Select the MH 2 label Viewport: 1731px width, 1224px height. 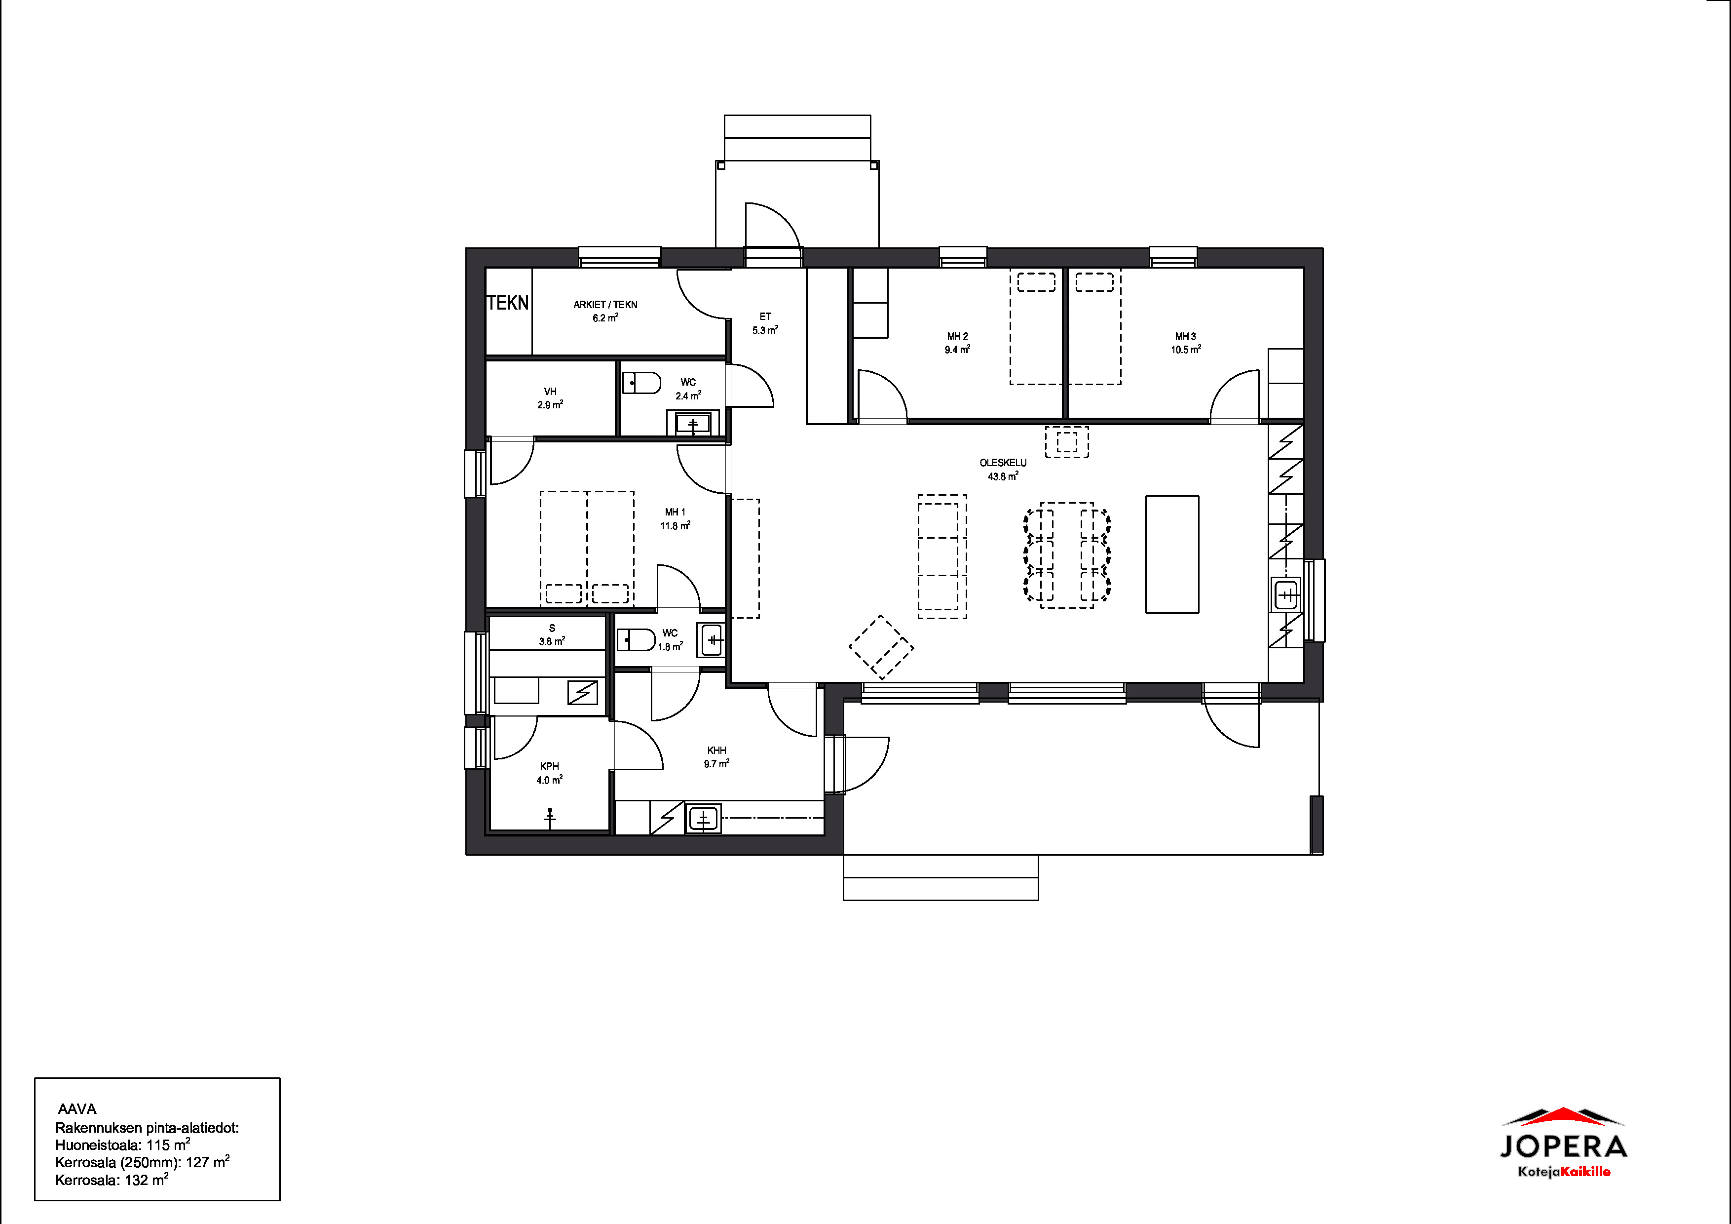click(x=957, y=336)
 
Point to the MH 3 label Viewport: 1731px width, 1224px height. click(x=1185, y=336)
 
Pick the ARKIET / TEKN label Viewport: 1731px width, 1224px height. click(x=605, y=305)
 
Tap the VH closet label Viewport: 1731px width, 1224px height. click(x=550, y=392)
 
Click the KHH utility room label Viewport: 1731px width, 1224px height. click(x=717, y=750)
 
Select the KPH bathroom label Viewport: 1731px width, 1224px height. click(x=550, y=766)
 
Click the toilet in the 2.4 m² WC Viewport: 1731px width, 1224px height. click(x=641, y=383)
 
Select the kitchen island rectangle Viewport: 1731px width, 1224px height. click(x=1172, y=554)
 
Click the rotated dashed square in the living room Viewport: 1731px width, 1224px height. click(x=881, y=647)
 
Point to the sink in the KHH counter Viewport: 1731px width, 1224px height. click(x=704, y=818)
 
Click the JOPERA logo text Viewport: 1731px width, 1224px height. click(x=1563, y=1147)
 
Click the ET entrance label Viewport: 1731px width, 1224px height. click(x=765, y=317)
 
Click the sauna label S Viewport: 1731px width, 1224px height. click(x=552, y=628)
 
